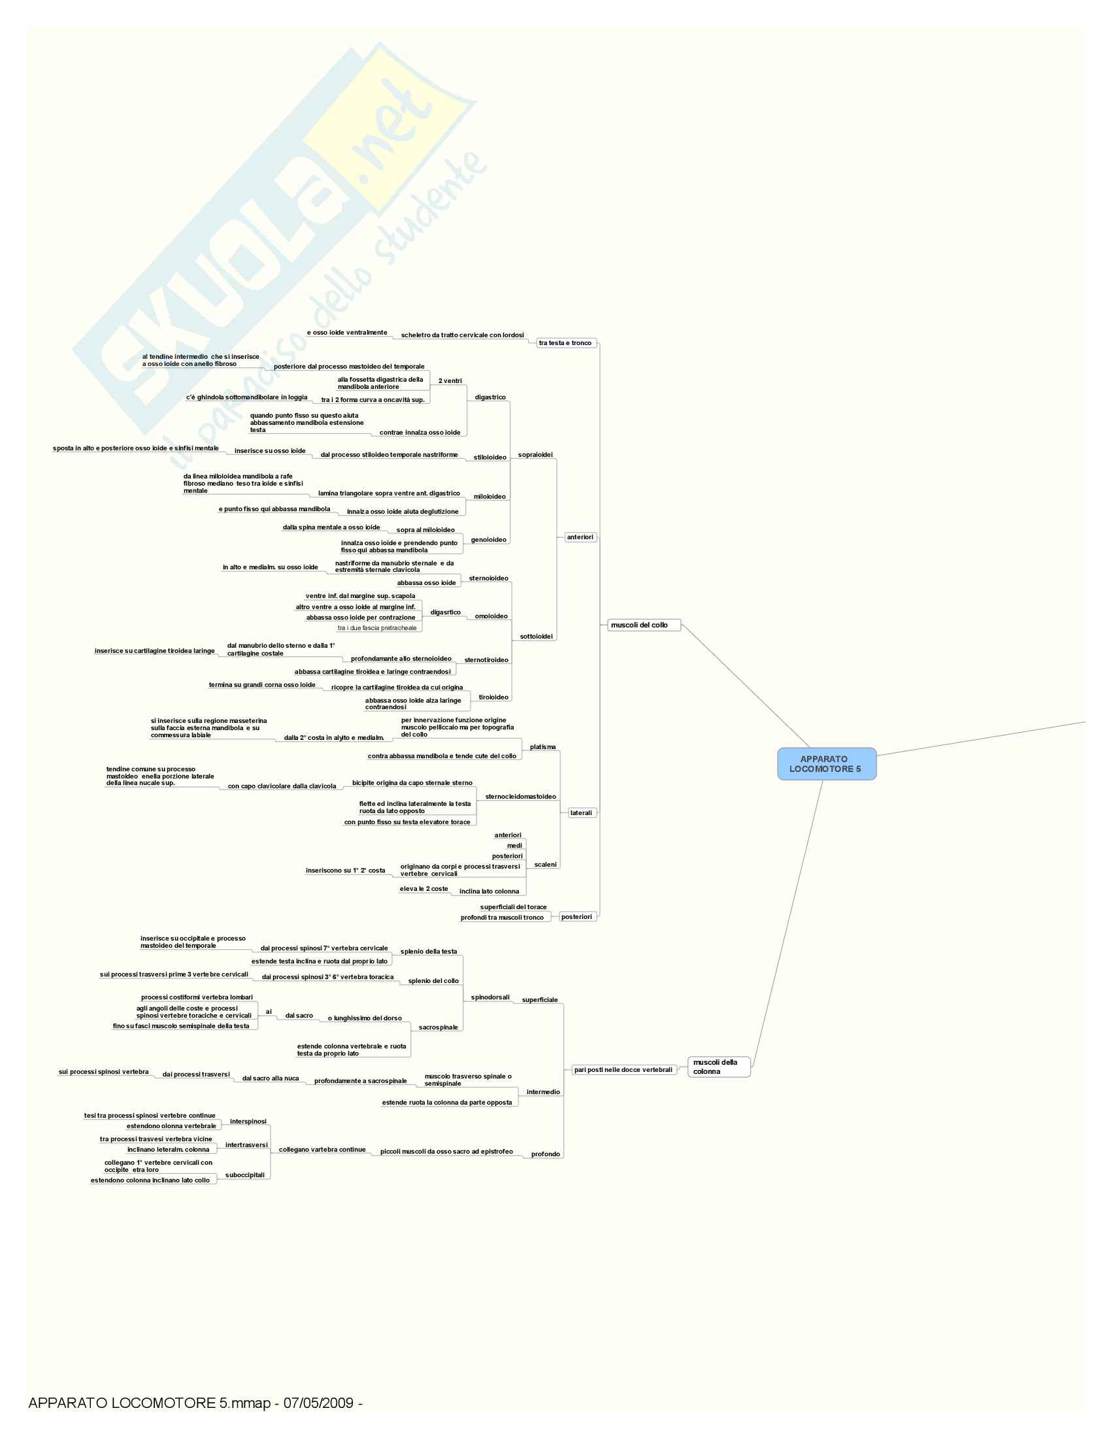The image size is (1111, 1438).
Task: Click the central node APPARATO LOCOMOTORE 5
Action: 826,763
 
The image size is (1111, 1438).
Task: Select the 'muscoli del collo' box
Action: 643,625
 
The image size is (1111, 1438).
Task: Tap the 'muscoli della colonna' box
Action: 718,1067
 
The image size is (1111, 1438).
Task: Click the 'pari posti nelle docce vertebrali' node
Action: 623,1070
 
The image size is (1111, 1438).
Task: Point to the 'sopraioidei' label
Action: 535,455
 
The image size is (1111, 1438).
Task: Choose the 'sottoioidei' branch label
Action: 536,637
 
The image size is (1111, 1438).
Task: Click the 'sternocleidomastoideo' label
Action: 520,797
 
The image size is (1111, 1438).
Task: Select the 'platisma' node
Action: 542,747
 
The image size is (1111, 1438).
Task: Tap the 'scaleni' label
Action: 545,865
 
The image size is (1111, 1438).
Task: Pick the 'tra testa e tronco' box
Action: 565,343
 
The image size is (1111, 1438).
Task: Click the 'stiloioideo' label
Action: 489,458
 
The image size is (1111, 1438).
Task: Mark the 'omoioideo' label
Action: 491,616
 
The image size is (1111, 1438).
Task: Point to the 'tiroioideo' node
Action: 493,697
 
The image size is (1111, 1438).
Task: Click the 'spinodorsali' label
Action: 489,997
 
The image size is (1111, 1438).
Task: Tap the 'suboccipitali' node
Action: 245,1175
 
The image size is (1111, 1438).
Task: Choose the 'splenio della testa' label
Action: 429,952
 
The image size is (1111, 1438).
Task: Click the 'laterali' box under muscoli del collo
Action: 580,813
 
